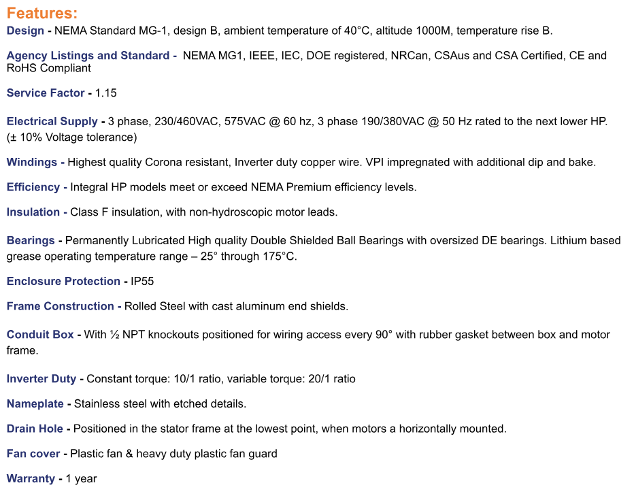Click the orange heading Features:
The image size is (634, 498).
pos(41,13)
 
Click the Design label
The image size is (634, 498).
pos(24,31)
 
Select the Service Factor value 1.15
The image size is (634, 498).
pos(106,93)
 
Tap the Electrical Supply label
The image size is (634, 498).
pos(52,122)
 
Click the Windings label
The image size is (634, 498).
pos(31,163)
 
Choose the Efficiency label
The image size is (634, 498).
pos(33,187)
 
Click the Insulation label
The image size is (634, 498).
pos(33,212)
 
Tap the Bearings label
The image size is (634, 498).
pos(31,241)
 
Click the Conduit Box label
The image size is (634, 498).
pos(40,335)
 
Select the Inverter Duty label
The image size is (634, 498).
pos(41,379)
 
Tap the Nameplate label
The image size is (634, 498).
pos(35,404)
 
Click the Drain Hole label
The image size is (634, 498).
pos(35,429)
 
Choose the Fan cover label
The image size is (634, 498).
pos(33,454)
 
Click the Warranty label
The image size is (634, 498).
pos(31,479)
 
